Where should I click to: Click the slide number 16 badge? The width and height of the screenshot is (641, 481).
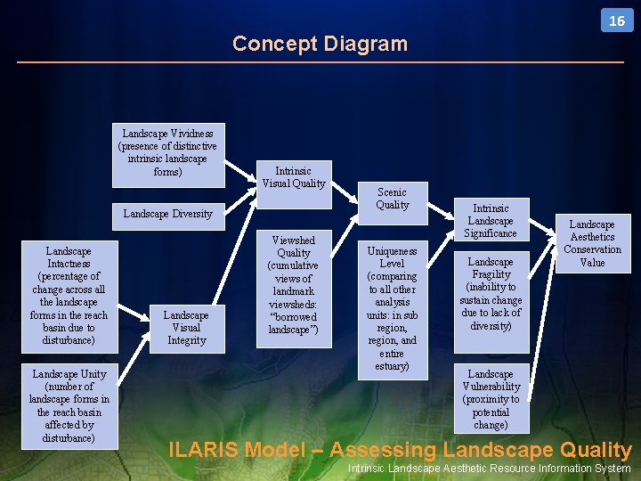[617, 20]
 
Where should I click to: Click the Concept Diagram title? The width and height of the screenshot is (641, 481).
[320, 44]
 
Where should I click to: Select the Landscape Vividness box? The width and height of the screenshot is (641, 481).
[167, 153]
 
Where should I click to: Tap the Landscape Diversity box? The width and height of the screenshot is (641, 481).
[167, 214]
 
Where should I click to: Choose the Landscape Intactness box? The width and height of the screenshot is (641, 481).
[69, 296]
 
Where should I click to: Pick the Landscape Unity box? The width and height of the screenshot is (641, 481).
[69, 406]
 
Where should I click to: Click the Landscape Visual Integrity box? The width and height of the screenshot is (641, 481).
[186, 327]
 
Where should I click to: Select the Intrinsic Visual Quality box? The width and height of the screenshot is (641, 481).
[293, 176]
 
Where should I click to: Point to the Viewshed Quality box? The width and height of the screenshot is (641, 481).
[294, 285]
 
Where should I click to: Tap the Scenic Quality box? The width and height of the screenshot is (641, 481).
[392, 199]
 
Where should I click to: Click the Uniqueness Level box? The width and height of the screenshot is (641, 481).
[392, 308]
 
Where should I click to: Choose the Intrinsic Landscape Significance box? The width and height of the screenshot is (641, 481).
[491, 220]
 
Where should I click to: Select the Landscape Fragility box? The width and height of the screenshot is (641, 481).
[491, 294]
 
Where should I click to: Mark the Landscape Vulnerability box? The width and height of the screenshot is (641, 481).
[491, 399]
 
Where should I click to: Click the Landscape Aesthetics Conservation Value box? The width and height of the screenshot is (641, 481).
[592, 243]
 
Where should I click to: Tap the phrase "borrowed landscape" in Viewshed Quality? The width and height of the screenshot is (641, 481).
[294, 323]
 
